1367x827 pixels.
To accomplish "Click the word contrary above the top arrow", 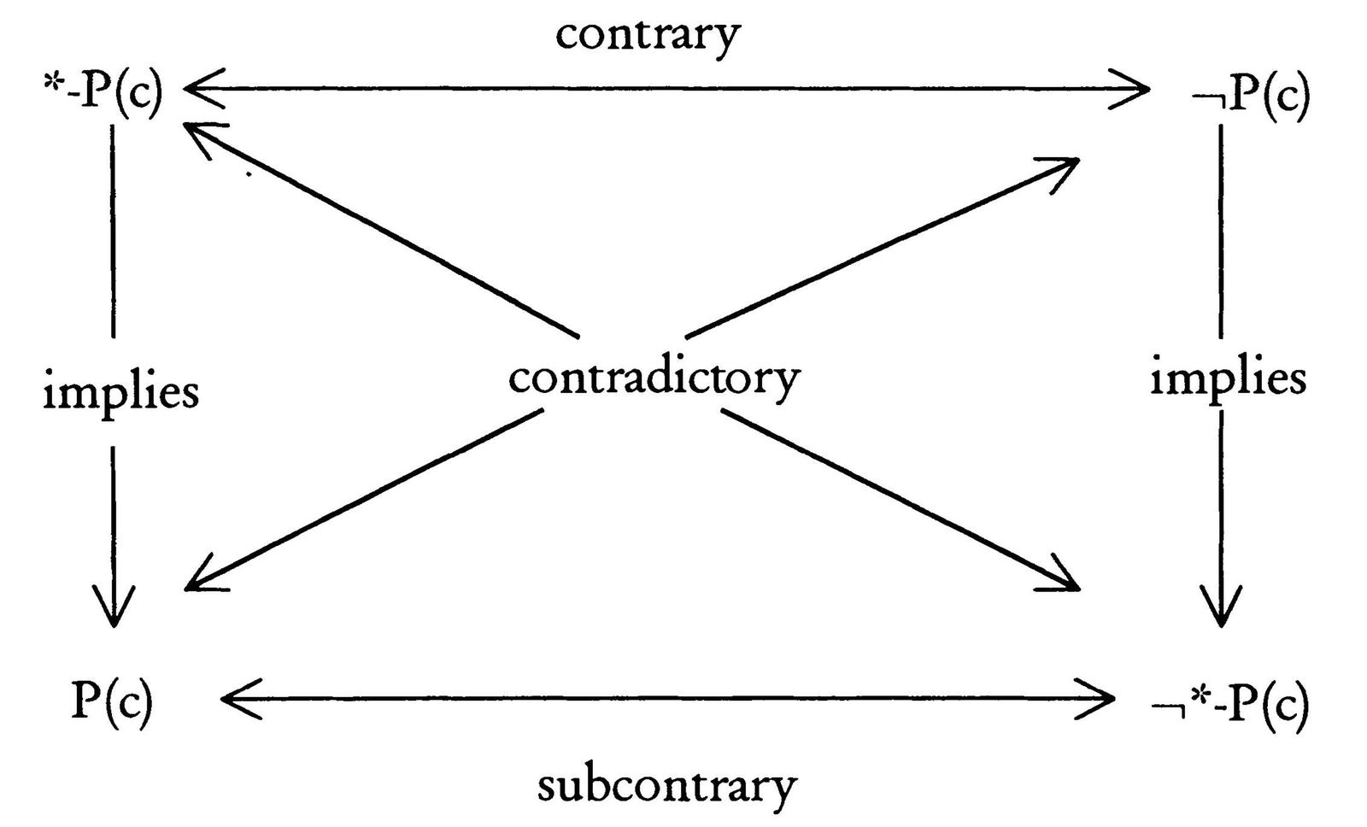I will [648, 36].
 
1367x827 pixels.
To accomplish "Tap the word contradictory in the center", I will [654, 377].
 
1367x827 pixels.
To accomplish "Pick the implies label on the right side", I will [1228, 378].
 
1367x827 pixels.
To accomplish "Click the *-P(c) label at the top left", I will [102, 93].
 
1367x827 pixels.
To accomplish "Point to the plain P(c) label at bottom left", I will [112, 701].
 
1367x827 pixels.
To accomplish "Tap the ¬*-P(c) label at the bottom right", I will [1230, 706].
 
